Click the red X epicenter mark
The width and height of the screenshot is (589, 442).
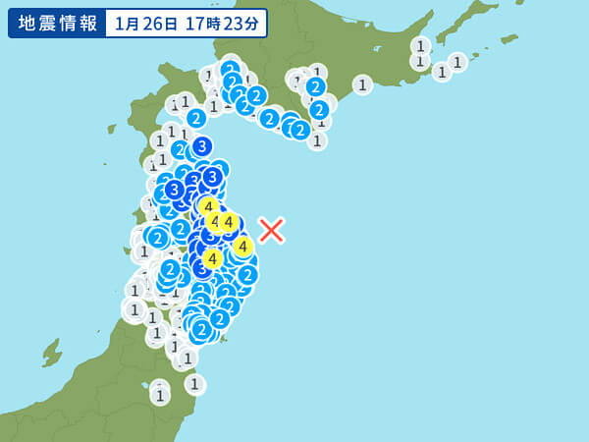[x=271, y=230]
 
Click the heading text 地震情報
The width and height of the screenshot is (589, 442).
[x=55, y=23]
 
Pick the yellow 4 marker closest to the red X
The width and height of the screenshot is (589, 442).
[x=242, y=247]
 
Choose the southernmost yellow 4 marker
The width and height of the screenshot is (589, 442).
[x=211, y=258]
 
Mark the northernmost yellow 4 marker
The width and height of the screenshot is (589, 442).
[x=208, y=206]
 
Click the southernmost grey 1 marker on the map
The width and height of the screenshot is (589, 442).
[x=159, y=395]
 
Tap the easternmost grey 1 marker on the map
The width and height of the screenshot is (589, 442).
[x=457, y=62]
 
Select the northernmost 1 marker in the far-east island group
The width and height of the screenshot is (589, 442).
[x=420, y=45]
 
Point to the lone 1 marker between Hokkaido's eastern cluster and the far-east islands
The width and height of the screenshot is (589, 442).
[x=362, y=84]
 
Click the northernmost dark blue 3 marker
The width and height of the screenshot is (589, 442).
[x=202, y=146]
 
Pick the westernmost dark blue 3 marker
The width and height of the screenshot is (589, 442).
[x=174, y=190]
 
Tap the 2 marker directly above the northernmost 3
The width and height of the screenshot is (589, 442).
[x=195, y=118]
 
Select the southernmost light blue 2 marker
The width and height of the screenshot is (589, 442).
[x=201, y=329]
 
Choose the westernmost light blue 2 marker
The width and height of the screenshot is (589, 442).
[x=157, y=237]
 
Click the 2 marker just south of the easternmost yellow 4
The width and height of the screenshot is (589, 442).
[x=247, y=274]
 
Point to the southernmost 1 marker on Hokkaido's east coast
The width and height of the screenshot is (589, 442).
[x=316, y=140]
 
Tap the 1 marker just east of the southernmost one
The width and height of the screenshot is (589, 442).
[x=194, y=384]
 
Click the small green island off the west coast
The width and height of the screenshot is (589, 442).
[x=51, y=352]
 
